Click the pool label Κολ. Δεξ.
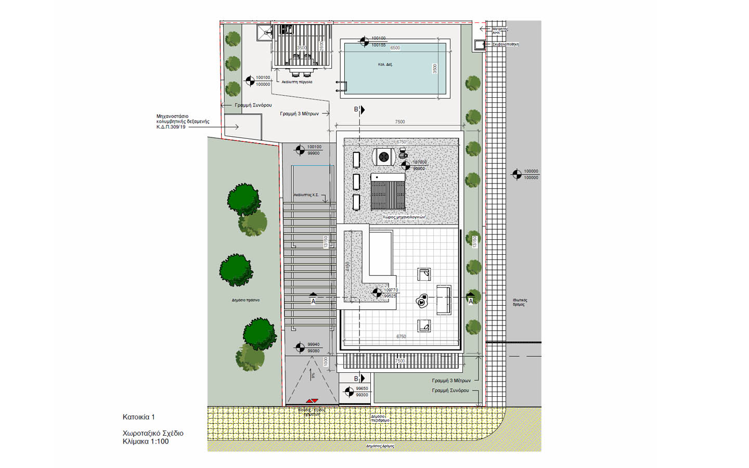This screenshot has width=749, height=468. tap(385, 64)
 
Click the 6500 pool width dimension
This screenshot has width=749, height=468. tap(395, 48)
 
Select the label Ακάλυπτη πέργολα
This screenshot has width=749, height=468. tap(297, 82)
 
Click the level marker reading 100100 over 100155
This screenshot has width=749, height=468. tap(365, 42)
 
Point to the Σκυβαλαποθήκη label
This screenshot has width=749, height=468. tap(505, 45)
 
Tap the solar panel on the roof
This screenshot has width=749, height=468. tap(388, 192)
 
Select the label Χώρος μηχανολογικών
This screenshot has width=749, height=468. tap(404, 217)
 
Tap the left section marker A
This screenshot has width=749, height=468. tap(313, 298)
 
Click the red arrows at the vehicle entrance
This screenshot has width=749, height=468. tap(312, 401)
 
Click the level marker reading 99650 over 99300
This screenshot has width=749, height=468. tap(350, 392)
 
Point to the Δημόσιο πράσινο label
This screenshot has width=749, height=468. tap(246, 300)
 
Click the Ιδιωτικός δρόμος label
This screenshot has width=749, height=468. tap(519, 302)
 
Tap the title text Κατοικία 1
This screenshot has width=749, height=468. tap(139, 417)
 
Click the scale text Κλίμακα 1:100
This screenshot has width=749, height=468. tap(146, 441)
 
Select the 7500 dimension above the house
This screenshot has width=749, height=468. tap(399, 122)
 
